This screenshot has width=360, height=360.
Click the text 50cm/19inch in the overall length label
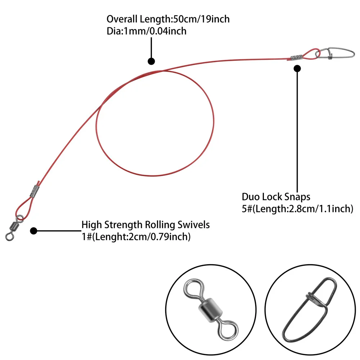(201, 19)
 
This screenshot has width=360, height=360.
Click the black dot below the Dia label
(151, 61)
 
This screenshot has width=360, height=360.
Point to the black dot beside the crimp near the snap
(297, 68)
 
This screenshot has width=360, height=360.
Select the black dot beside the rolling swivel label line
(33, 231)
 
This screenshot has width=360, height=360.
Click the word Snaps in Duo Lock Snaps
(297, 197)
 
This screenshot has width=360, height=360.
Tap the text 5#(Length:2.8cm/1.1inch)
(297, 209)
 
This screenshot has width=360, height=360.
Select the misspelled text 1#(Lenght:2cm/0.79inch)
(136, 237)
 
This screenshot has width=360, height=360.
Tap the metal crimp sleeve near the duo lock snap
(297, 57)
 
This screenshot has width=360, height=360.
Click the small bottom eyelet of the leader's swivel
(9, 237)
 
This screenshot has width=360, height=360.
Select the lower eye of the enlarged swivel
(228, 330)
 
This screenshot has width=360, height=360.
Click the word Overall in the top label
(122, 19)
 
